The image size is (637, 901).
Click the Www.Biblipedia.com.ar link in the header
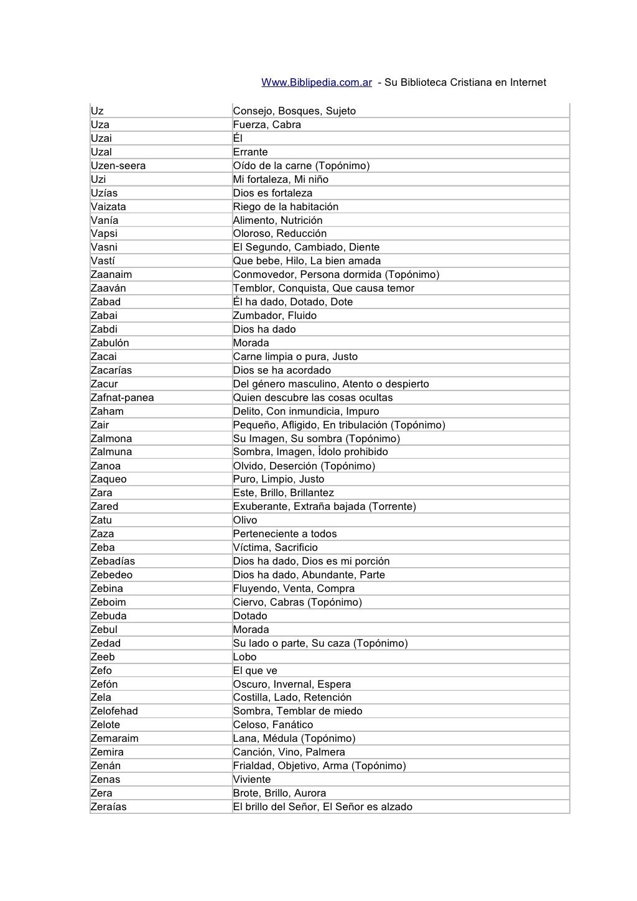(x=316, y=83)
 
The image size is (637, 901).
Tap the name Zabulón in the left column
(x=109, y=343)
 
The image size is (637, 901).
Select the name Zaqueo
(x=108, y=479)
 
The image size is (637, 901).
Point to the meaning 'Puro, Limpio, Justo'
(x=278, y=479)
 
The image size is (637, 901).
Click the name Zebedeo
(x=111, y=575)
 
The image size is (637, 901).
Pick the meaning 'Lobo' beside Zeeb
(x=244, y=657)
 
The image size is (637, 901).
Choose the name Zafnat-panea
(x=122, y=398)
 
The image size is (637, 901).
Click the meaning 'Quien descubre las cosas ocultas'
(x=312, y=398)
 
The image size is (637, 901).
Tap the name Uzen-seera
(x=118, y=166)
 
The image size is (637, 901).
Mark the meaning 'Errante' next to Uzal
(x=250, y=152)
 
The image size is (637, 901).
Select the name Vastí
(x=103, y=261)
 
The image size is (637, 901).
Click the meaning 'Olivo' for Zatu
(x=244, y=520)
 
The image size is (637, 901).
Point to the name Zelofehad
(x=114, y=711)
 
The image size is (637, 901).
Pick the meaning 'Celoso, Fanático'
(x=272, y=725)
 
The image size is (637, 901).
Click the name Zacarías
(x=111, y=371)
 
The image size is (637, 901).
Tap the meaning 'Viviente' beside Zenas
(x=251, y=780)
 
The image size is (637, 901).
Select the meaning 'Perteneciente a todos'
(x=284, y=534)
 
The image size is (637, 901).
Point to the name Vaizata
(x=108, y=206)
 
